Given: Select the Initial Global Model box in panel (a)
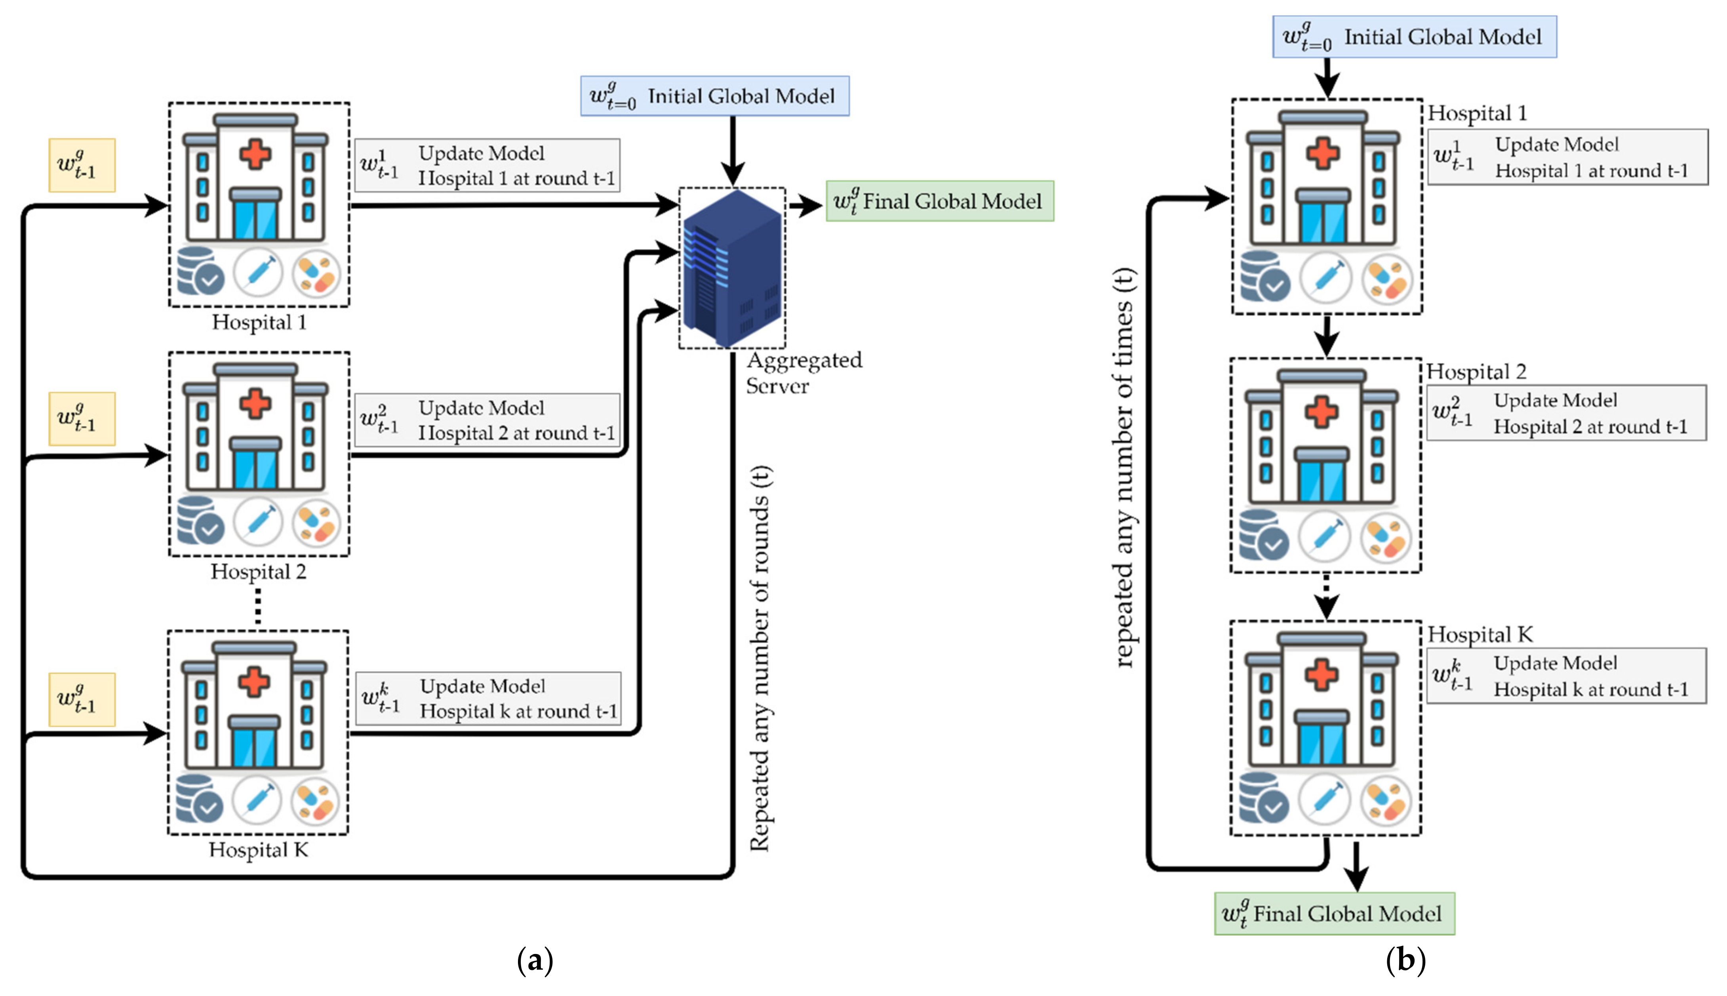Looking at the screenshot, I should pyautogui.click(x=714, y=96).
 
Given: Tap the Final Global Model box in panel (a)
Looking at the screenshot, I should pyautogui.click(x=939, y=201).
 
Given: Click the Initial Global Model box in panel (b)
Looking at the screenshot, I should pyautogui.click(x=1414, y=37).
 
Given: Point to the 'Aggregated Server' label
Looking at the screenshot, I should pyautogui.click(x=804, y=373).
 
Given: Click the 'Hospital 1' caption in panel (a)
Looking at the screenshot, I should pyautogui.click(x=259, y=322).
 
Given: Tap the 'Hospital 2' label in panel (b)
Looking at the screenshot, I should pyautogui.click(x=1476, y=372).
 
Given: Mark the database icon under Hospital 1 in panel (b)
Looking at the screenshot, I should pyautogui.click(x=1264, y=277).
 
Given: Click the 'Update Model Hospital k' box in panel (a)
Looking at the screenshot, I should pyautogui.click(x=488, y=698).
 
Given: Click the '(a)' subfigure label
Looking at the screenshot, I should pyautogui.click(x=535, y=960).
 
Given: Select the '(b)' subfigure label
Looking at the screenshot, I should pyautogui.click(x=1405, y=960).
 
